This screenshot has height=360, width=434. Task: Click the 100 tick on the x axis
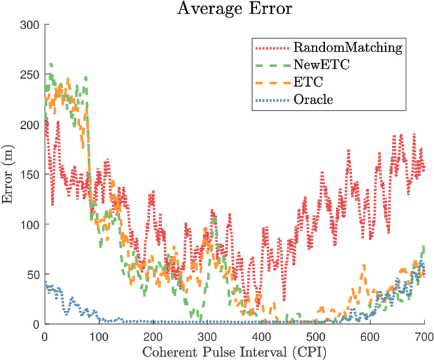click(99, 336)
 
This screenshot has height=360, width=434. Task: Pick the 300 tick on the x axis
click(208, 336)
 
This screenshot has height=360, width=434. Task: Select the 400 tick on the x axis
click(262, 336)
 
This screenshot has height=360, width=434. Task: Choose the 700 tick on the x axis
click(424, 336)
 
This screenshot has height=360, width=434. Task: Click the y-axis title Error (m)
click(9, 174)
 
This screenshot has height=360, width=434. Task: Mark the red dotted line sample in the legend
click(272, 47)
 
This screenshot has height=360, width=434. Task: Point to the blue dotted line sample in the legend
click(272, 100)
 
